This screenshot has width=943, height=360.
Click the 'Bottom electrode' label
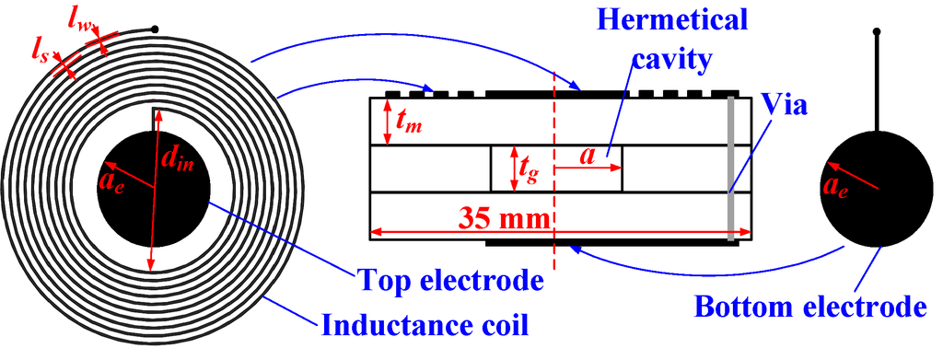click(x=809, y=306)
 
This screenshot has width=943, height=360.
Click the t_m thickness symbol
click(x=409, y=120)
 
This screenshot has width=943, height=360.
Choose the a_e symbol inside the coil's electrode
click(x=116, y=171)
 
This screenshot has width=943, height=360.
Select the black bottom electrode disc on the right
click(x=875, y=198)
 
